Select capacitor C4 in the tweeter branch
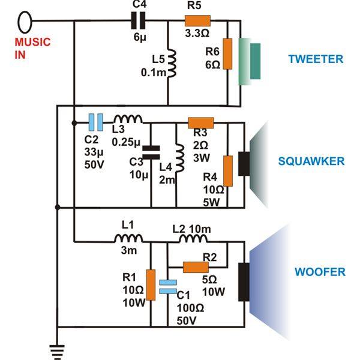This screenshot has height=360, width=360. tap(139, 22)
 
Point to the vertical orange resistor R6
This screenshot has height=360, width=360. tap(227, 54)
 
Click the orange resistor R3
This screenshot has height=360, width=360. tap(197, 123)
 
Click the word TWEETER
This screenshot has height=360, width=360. tap(316, 59)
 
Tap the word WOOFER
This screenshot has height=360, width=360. tap(320, 272)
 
